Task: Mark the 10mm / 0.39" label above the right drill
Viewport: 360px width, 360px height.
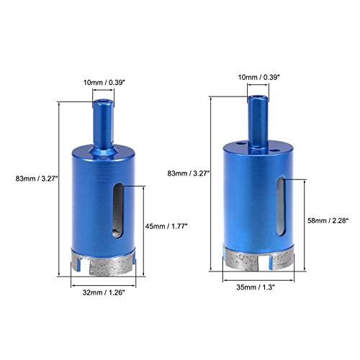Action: [260, 78]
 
